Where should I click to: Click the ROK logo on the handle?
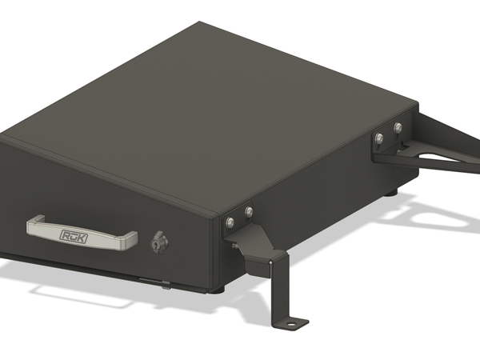[74, 237]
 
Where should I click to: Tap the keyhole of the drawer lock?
[157, 244]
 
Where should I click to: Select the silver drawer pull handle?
[82, 234]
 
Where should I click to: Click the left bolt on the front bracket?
[230, 222]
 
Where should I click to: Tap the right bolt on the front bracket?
[249, 211]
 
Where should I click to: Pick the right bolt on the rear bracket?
[398, 126]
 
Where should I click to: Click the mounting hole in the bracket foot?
[290, 323]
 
